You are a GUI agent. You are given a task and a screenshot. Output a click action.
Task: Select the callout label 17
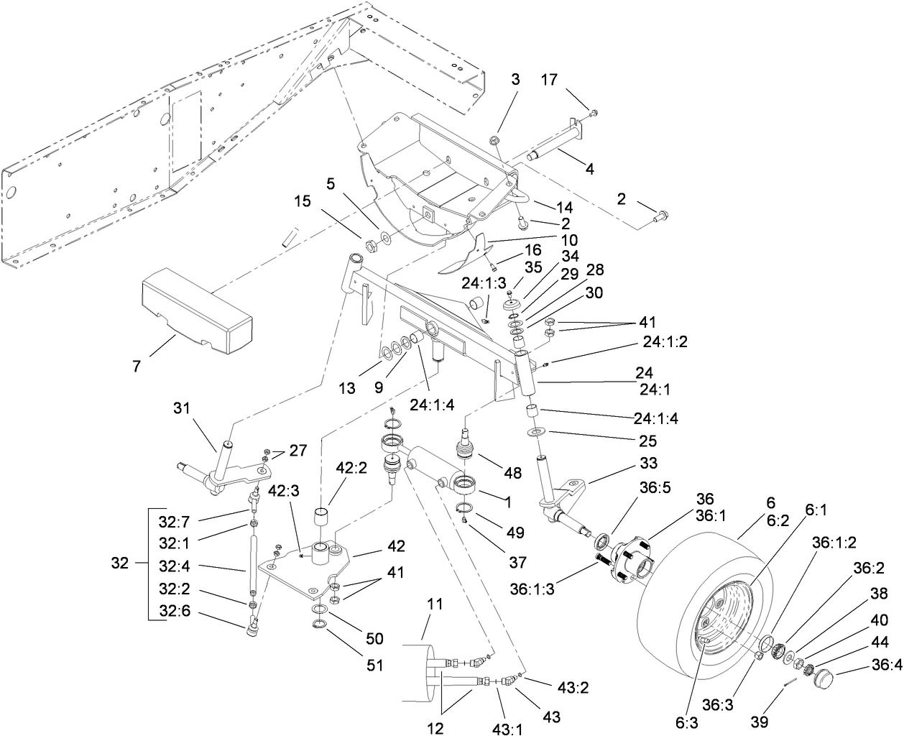(568, 81)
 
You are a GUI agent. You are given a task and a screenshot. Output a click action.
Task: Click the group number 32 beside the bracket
(121, 563)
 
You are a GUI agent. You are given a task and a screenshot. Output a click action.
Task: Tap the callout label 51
(374, 664)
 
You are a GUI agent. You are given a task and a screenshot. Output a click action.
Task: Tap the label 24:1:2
(665, 342)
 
